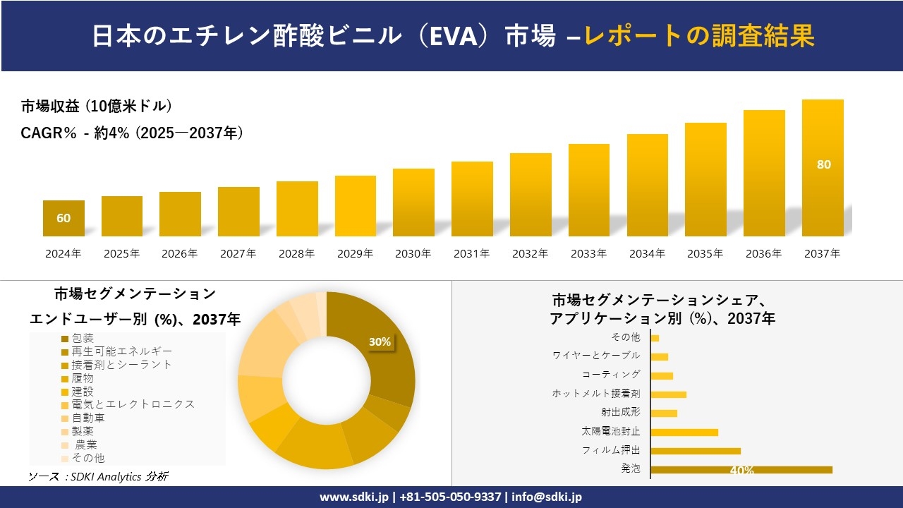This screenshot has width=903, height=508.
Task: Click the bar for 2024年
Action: (x=63, y=218)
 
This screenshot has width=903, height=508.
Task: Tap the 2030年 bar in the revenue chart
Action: (x=413, y=202)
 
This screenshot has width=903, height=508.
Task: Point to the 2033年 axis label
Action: (x=588, y=254)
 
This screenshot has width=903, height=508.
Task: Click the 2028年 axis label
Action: (x=296, y=254)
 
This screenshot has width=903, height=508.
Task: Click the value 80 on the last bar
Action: (x=823, y=164)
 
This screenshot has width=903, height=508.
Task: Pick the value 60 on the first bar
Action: (x=63, y=218)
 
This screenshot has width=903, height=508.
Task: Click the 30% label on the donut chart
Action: (x=380, y=341)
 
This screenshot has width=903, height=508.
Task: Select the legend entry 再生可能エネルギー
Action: (x=121, y=351)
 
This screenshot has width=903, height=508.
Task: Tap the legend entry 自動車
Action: (x=88, y=418)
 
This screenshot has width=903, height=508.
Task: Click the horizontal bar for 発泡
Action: (x=741, y=469)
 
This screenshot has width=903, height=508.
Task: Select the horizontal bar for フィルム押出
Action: (x=696, y=451)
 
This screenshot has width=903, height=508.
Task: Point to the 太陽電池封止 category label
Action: (x=611, y=431)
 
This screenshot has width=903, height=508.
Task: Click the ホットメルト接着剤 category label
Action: (x=596, y=394)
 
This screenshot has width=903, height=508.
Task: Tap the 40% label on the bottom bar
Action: (x=741, y=471)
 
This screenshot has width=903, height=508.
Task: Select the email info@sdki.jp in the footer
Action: (x=547, y=497)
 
